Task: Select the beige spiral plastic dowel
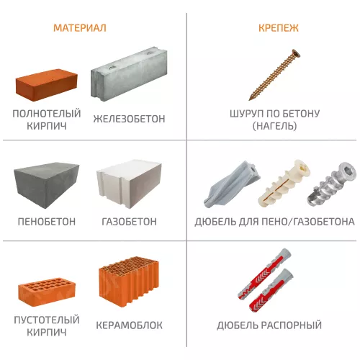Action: [x=281, y=187]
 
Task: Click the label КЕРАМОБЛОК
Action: [x=128, y=325]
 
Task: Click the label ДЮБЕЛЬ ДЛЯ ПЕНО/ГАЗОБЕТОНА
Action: [x=274, y=222]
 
